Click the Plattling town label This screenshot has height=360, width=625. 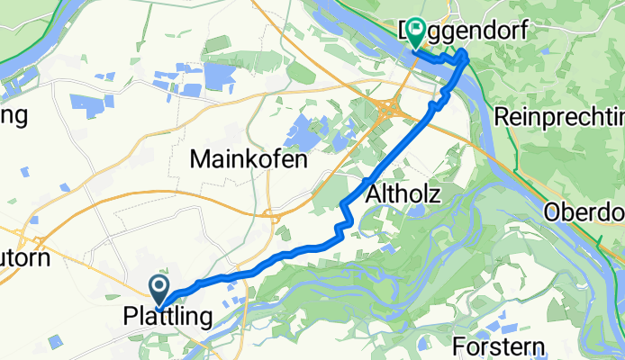(x=168, y=317)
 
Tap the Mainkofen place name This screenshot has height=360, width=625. (x=249, y=160)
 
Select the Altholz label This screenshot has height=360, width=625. (x=403, y=192)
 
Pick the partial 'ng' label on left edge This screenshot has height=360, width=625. (x=14, y=115)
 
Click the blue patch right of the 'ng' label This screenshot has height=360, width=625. (x=87, y=104)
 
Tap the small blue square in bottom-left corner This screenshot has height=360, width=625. (x=56, y=340)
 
